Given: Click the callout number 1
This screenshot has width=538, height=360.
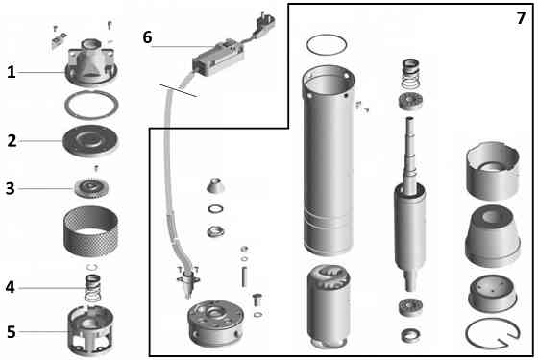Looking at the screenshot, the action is [x=12, y=72].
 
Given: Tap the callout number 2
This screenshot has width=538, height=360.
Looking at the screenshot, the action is [x=12, y=140].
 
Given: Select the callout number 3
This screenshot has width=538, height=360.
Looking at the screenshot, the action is [x=11, y=188].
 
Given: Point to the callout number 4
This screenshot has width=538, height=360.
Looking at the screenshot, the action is [x=11, y=287].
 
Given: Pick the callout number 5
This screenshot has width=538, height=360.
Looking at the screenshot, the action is [x=12, y=332].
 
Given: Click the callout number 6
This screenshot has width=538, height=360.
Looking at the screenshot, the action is [x=147, y=37].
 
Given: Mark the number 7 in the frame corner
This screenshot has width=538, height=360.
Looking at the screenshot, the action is [x=521, y=18].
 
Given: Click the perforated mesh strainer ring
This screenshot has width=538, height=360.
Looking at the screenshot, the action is [x=91, y=231].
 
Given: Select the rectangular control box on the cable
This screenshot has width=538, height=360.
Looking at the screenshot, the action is [x=218, y=58].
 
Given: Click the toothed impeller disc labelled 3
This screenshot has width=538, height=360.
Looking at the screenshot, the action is [x=91, y=188].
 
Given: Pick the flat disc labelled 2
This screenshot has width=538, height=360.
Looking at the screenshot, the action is [x=90, y=140].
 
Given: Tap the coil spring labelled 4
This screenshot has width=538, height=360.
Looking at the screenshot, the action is [x=92, y=287].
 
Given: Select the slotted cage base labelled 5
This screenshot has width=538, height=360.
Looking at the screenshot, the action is [x=90, y=330].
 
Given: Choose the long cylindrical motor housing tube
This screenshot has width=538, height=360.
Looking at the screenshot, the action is [x=329, y=160].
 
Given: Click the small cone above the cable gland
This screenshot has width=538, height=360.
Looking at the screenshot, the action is [x=215, y=185].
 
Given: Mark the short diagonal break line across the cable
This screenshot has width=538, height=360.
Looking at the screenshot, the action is [x=179, y=90].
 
